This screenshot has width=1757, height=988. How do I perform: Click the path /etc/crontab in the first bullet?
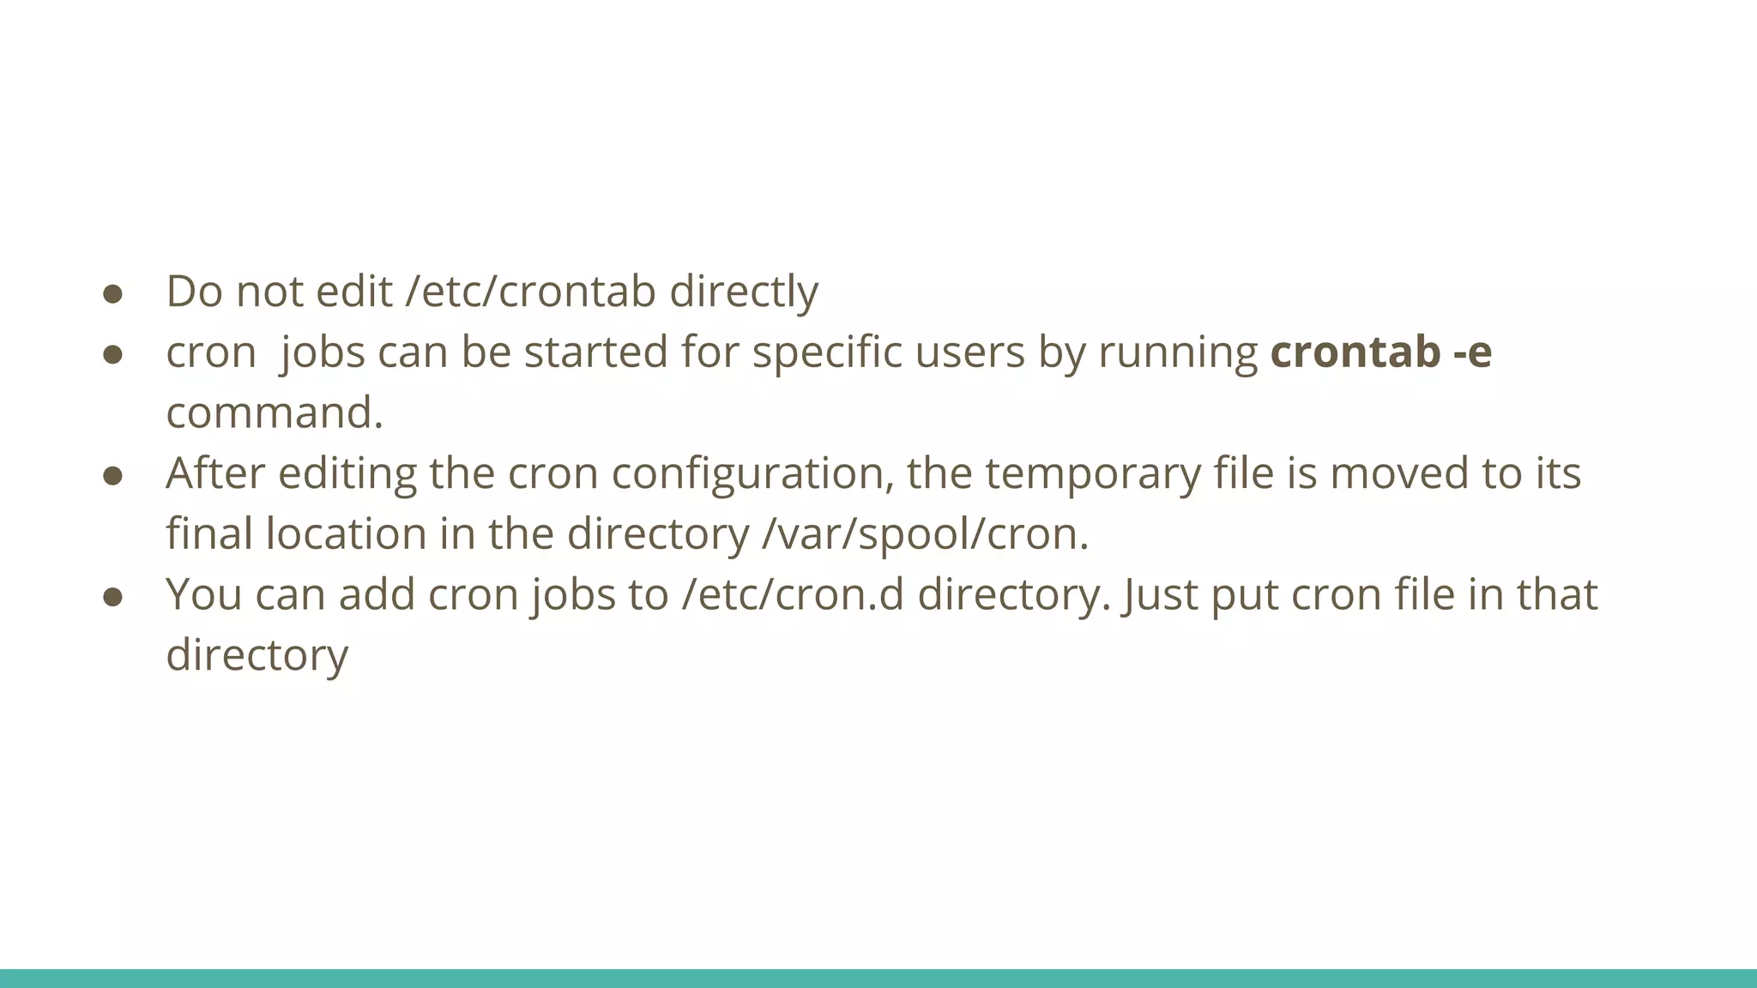[531, 292]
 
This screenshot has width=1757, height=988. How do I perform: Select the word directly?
[744, 292]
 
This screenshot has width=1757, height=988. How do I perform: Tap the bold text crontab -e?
[1381, 352]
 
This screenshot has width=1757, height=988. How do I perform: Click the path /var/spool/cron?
[925, 534]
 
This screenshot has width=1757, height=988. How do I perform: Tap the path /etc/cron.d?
[793, 594]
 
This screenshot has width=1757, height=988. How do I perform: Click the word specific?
[827, 352]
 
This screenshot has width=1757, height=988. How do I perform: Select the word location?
[346, 534]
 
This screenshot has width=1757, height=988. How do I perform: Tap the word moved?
[1399, 473]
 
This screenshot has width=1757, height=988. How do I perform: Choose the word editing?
[347, 473]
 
